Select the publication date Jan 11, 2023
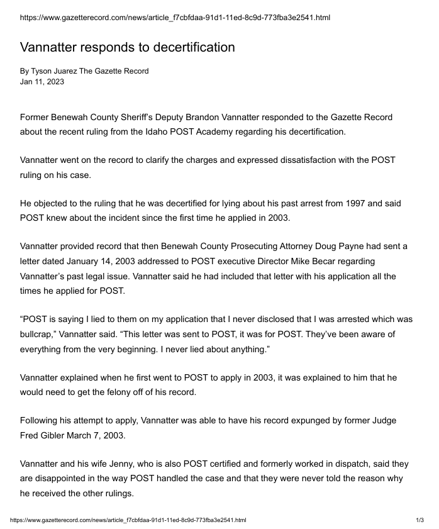(42, 81)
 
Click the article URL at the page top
(175, 18)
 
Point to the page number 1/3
(420, 520)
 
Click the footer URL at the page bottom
(128, 520)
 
